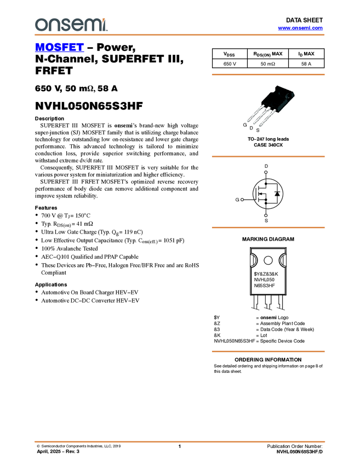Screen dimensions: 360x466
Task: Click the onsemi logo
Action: click(x=71, y=25)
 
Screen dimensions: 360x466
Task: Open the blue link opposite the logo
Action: click(x=300, y=28)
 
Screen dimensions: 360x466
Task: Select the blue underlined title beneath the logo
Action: click(x=59, y=48)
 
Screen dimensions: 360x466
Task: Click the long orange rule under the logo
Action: click(x=179, y=35)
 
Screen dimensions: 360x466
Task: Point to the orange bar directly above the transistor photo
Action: click(x=268, y=75)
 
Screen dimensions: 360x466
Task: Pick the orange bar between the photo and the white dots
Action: click(x=268, y=157)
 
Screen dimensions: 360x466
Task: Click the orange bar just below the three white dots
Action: click(x=268, y=227)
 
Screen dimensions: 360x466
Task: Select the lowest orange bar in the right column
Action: click(x=268, y=351)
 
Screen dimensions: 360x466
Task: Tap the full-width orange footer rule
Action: click(x=179, y=441)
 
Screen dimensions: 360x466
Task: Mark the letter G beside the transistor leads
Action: click(x=245, y=126)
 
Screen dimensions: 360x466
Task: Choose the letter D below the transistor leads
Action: click(x=251, y=129)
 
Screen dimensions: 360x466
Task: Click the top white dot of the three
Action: click(x=266, y=172)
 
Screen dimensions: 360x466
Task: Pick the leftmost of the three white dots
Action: click(x=242, y=200)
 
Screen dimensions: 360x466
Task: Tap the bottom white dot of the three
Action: click(x=266, y=215)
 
